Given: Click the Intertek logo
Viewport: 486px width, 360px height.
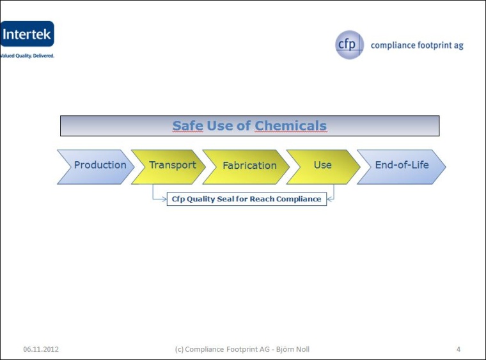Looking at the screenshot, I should [27, 35].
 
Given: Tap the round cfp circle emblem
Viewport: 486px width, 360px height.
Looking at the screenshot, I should [349, 45].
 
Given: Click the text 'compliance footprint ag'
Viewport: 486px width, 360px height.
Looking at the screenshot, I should [417, 45].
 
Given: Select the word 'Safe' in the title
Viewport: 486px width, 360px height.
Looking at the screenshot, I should [187, 126].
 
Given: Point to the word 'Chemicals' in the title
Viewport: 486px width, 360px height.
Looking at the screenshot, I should [291, 126].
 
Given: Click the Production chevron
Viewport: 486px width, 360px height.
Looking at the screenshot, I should [97, 166].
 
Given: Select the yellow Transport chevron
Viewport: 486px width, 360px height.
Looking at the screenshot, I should [169, 166].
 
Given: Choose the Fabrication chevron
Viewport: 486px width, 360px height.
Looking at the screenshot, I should [247, 166].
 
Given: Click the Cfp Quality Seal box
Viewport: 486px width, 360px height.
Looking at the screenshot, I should [246, 199].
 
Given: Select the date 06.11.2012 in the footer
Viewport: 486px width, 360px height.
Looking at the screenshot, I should [41, 349].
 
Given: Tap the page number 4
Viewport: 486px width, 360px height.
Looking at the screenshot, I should [459, 349].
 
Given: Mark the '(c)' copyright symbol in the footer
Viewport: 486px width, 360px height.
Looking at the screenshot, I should [180, 349].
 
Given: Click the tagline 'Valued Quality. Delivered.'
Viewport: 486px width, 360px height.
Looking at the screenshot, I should [27, 56].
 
